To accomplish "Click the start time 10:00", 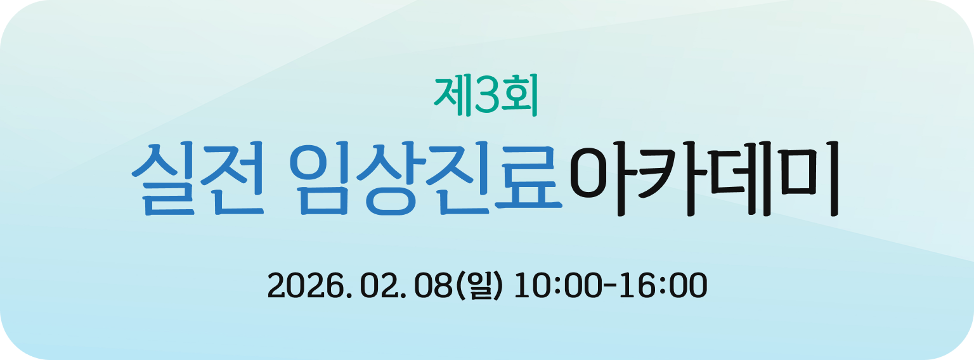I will tap(557, 286).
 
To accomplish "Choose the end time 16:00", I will tap(665, 286).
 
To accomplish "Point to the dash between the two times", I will tap(611, 286).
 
